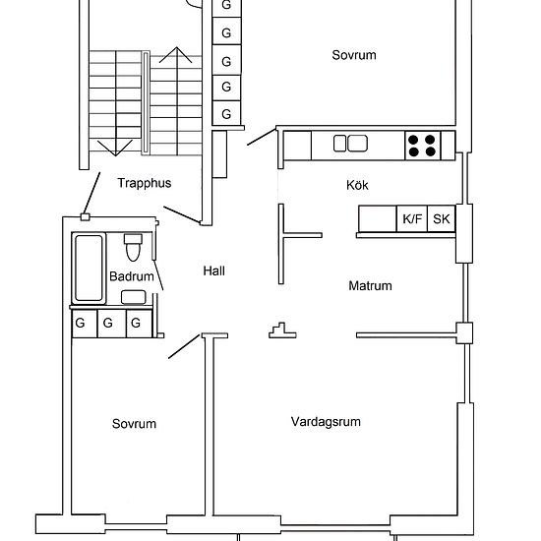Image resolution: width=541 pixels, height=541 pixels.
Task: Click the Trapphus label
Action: pos(145,183)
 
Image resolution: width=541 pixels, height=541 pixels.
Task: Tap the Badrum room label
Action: pos(132,276)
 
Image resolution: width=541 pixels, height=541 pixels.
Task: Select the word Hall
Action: pos(213,270)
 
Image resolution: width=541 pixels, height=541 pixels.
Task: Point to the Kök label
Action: pos(357,185)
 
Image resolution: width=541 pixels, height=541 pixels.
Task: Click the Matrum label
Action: pos(370,285)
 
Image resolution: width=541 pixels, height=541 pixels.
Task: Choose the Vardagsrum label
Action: pos(326,422)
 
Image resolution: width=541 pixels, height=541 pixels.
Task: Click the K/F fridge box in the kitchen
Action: pos(412,218)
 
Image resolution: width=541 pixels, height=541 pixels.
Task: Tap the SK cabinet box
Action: pos(442,218)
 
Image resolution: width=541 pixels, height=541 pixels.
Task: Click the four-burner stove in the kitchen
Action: pos(422,146)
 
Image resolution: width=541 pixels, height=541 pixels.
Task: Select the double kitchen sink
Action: pos(350,144)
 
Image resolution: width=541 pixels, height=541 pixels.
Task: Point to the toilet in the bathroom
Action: pos(133,247)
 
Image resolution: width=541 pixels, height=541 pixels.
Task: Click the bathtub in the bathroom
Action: pos(89,268)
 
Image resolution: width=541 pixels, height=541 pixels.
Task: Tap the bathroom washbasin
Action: pos(134,297)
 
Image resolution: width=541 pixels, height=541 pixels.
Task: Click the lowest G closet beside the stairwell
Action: pos(226,113)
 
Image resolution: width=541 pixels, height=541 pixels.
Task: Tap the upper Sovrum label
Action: pos(354,55)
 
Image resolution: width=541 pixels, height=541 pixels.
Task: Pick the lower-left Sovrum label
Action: pos(134,424)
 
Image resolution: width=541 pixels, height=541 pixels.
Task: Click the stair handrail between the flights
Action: pos(146,103)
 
